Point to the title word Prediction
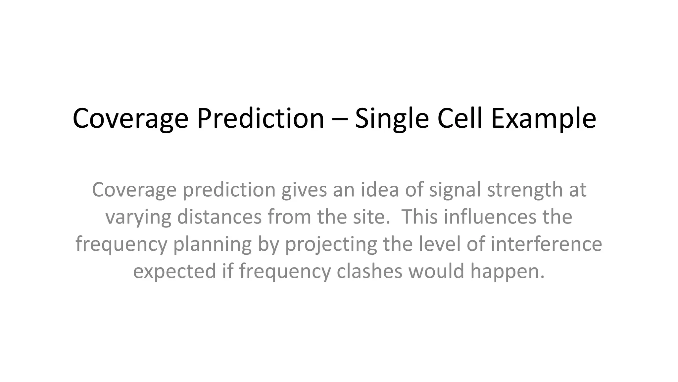point(261,118)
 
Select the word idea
point(379,190)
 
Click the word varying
point(138,217)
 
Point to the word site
point(369,217)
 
